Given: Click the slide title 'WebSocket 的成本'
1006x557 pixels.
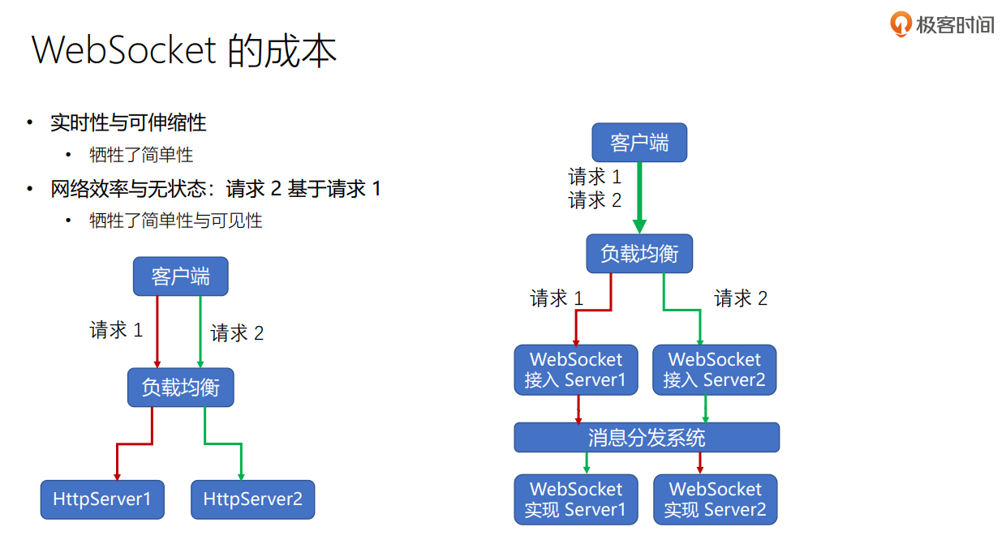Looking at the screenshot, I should (x=184, y=50).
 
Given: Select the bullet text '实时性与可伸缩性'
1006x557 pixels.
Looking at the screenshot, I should (x=128, y=122).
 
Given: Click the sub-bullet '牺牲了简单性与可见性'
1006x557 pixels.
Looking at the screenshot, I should (x=176, y=221).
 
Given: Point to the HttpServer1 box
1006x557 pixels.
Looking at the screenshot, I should (x=102, y=499).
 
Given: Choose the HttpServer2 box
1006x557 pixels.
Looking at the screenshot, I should (x=252, y=499).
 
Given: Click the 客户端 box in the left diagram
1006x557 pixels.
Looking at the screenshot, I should (x=180, y=276).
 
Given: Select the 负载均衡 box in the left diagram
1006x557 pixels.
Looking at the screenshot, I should (x=180, y=388).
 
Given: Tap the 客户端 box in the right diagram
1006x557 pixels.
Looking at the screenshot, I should (x=639, y=143).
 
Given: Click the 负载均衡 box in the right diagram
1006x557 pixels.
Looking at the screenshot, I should (x=639, y=254).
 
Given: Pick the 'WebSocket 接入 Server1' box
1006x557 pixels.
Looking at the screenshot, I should (x=576, y=370).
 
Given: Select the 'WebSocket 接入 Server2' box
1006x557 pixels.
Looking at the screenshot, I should (x=714, y=370).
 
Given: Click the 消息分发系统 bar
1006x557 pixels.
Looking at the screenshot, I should (x=647, y=438).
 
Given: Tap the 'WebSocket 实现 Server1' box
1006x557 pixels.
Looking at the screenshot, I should (x=576, y=499).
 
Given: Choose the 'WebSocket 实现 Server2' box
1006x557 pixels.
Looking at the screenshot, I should (x=715, y=499).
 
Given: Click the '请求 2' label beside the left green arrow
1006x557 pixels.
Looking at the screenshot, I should (x=237, y=333).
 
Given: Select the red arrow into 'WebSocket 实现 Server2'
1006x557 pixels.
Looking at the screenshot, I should (x=700, y=463).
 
